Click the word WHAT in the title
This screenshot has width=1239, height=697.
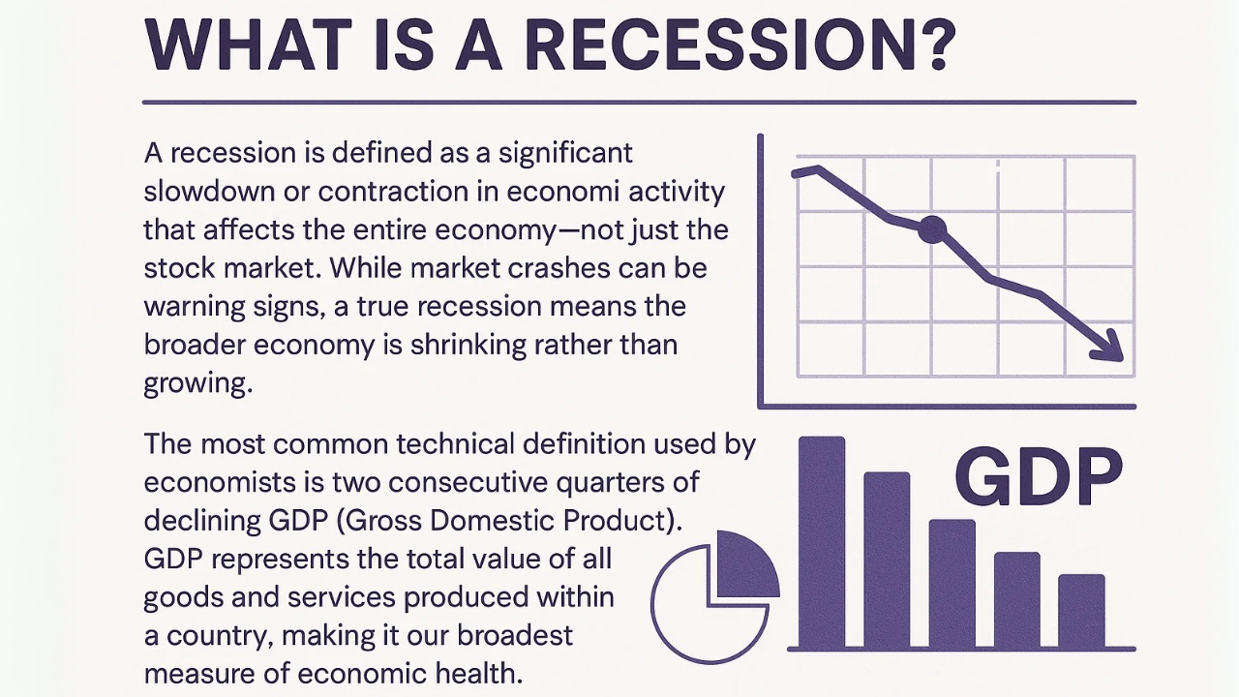tap(249, 45)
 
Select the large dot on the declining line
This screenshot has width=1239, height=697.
tap(932, 229)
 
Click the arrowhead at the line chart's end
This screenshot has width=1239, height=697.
tap(1109, 348)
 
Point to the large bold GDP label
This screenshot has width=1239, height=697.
tap(1039, 476)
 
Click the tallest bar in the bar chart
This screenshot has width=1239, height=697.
tap(822, 541)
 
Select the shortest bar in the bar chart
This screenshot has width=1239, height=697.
tap(1082, 611)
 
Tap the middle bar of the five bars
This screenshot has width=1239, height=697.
tap(952, 583)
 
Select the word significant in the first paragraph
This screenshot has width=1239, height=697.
tap(566, 154)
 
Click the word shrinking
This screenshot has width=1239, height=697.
tap(468, 346)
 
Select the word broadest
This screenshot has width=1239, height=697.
tap(515, 635)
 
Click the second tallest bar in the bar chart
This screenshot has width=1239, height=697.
tap(887, 560)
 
